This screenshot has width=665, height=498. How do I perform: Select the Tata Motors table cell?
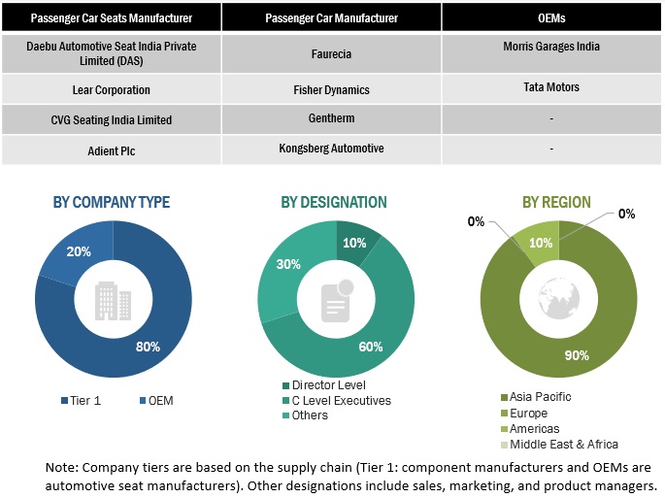(x=550, y=87)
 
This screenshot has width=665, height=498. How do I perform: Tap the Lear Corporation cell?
(x=111, y=89)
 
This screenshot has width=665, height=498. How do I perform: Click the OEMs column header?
(x=550, y=17)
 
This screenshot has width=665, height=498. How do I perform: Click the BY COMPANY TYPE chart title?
(x=111, y=203)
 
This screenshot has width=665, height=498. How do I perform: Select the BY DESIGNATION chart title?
(x=334, y=203)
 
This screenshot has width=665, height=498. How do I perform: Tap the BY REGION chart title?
(x=556, y=203)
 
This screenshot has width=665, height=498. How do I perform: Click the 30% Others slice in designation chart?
(x=288, y=265)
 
